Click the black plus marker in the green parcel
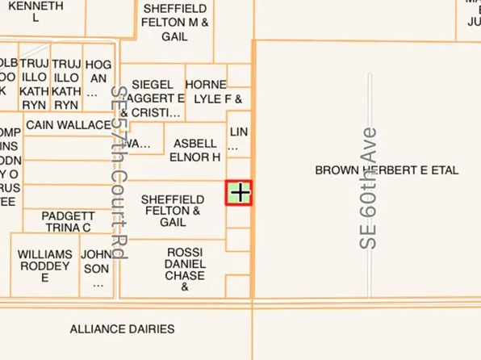pos(240,192)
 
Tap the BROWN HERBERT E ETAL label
pos(387,170)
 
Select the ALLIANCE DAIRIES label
pos(122,329)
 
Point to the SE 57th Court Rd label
pos(119,173)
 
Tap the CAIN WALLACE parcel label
pos(68,125)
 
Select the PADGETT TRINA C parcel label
pos(68,222)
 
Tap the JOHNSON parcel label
pos(98,268)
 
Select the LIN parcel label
pos(238,139)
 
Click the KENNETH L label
pos(36,10)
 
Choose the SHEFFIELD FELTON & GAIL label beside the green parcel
pos(173,210)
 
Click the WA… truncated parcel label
pos(139,144)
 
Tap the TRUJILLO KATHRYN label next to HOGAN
pos(66,84)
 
